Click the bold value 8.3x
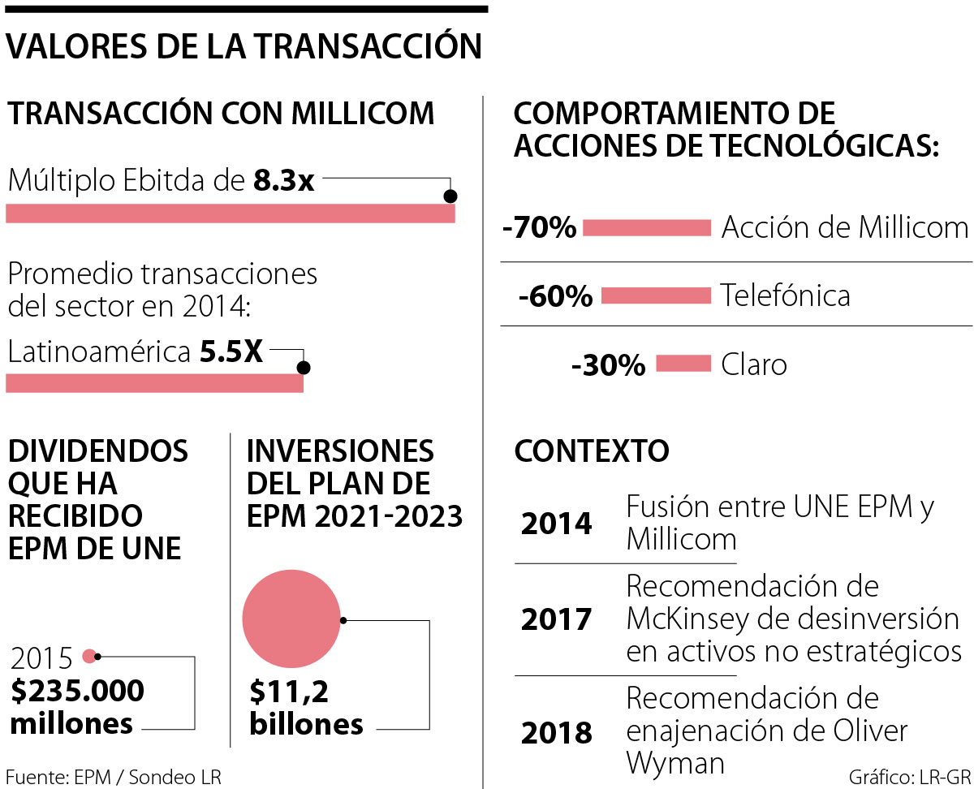click(x=283, y=180)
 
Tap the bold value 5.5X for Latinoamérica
click(x=231, y=352)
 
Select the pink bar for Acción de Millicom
click(x=647, y=228)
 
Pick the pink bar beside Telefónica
click(x=656, y=296)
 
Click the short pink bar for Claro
click(x=683, y=364)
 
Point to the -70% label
click(x=539, y=228)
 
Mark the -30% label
click(x=608, y=365)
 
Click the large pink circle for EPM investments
click(x=291, y=619)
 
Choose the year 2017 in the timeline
click(x=556, y=620)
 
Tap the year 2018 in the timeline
click(x=556, y=733)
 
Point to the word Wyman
click(x=675, y=764)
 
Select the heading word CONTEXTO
click(x=592, y=451)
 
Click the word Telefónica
click(x=785, y=295)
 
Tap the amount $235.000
click(x=78, y=692)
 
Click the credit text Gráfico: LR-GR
click(x=907, y=775)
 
